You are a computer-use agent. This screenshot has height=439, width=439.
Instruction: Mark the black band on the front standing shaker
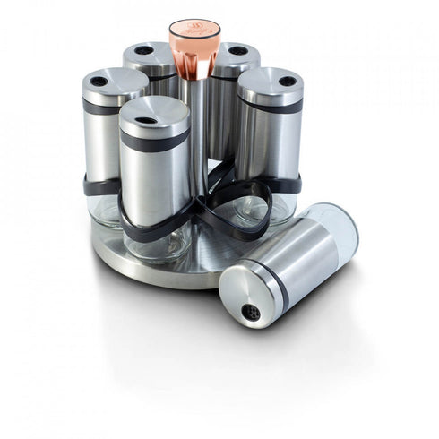click(154, 142)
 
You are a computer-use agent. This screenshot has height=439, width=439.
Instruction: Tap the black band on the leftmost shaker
click(100, 108)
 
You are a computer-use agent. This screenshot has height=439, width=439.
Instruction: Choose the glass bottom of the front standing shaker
click(156, 241)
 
